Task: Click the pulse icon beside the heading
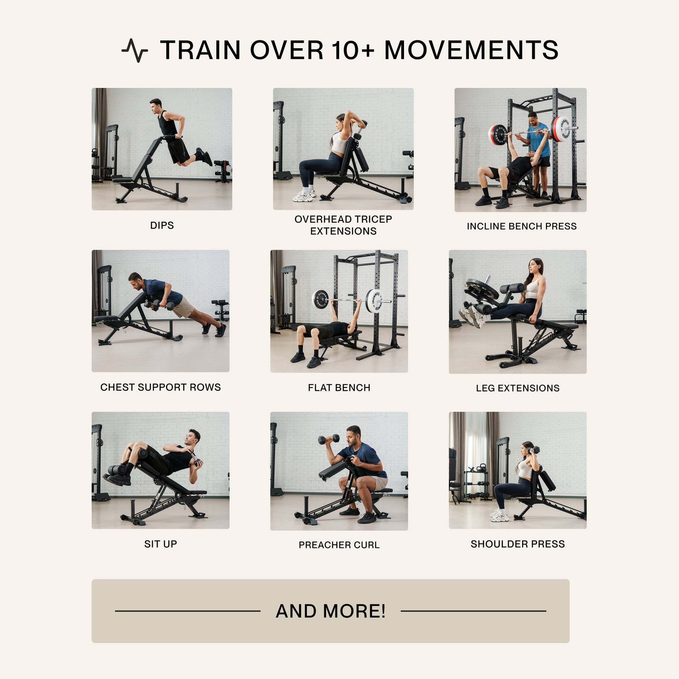click(135, 50)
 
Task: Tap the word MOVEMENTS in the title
click(471, 50)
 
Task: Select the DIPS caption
click(162, 225)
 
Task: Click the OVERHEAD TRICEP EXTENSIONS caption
click(343, 225)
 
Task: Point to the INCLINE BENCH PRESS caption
click(522, 226)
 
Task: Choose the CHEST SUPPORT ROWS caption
click(160, 387)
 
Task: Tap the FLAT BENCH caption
click(339, 388)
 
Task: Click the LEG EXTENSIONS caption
click(518, 388)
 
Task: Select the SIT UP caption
click(160, 544)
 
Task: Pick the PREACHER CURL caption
click(339, 545)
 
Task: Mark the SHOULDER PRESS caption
click(518, 544)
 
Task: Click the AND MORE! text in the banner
click(330, 611)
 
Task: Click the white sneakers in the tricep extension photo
click(304, 196)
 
